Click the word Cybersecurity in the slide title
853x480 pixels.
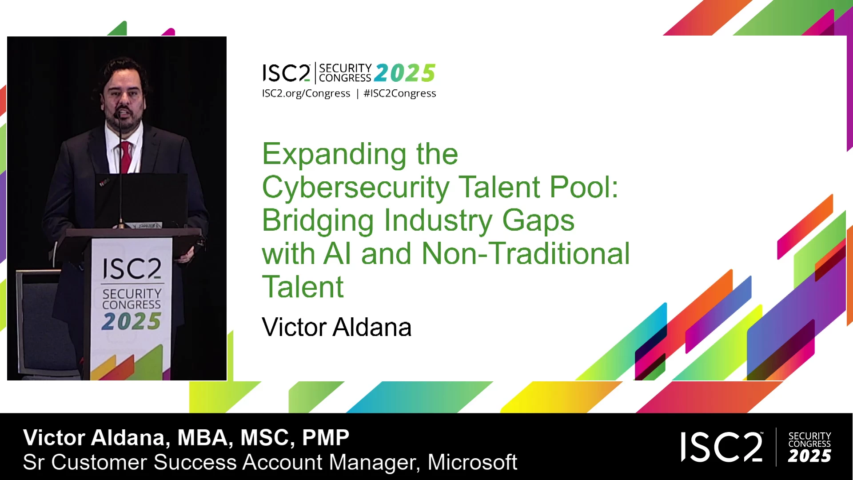click(356, 188)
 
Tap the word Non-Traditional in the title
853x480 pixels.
click(526, 253)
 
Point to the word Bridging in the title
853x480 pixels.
click(318, 221)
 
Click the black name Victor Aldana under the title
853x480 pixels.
click(337, 327)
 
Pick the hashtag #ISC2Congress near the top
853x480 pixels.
click(400, 93)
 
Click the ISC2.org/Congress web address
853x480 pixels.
click(306, 93)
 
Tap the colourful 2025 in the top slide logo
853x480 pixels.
click(405, 73)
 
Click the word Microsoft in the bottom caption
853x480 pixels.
click(472, 462)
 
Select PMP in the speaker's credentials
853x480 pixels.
click(326, 438)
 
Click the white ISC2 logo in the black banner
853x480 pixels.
click(722, 447)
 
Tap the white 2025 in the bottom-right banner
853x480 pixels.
click(809, 456)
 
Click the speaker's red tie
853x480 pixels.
click(126, 157)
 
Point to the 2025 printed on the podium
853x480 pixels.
click(131, 321)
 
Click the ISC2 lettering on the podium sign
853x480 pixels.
click(132, 268)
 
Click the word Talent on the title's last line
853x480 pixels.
click(303, 287)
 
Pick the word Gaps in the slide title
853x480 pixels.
click(538, 221)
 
